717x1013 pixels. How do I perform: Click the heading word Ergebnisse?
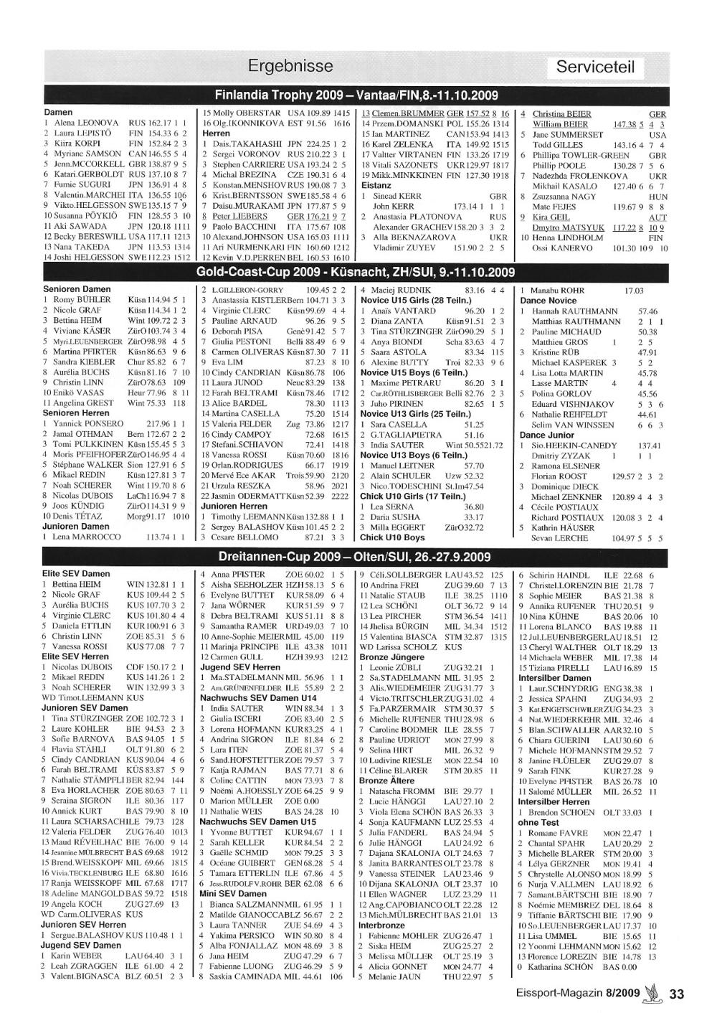click(x=290, y=67)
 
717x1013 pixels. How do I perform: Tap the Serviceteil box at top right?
click(x=596, y=68)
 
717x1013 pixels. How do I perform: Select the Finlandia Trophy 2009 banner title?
click(x=356, y=95)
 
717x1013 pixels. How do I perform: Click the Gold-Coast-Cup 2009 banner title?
click(x=356, y=273)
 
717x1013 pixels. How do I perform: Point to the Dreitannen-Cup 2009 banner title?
click(x=356, y=557)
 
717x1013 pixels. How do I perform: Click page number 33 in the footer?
click(x=677, y=994)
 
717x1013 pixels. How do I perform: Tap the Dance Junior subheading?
click(x=547, y=435)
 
